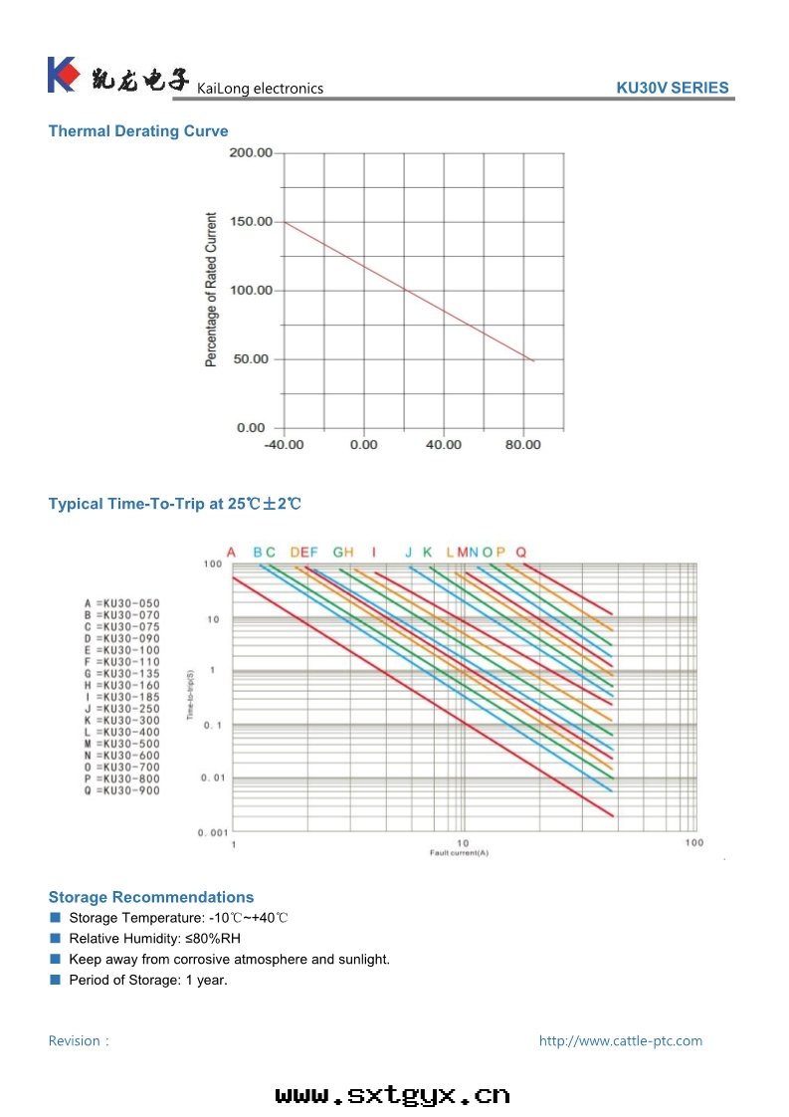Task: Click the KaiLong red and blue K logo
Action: (x=62, y=75)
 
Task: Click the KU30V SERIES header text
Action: (x=672, y=88)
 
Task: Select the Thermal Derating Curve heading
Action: (x=138, y=131)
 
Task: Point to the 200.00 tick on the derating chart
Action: (x=251, y=153)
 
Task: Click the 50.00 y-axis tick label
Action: (x=251, y=359)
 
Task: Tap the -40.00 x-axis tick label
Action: (x=284, y=445)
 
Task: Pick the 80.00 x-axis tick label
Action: (x=523, y=445)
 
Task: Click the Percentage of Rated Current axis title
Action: (x=211, y=290)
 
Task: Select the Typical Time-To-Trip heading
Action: (x=174, y=504)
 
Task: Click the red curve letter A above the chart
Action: (x=231, y=553)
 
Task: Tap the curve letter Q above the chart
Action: (x=521, y=553)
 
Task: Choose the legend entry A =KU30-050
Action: (x=121, y=604)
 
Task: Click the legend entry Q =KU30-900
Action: (x=121, y=790)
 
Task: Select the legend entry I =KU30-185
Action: (x=121, y=697)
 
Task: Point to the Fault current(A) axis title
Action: (x=459, y=853)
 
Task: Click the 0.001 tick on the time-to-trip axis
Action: (x=211, y=831)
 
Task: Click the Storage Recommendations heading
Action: (x=151, y=897)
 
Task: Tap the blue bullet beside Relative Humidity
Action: (x=56, y=938)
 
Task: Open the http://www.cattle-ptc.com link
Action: (x=620, y=1041)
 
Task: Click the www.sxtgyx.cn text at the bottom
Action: (x=393, y=1096)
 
